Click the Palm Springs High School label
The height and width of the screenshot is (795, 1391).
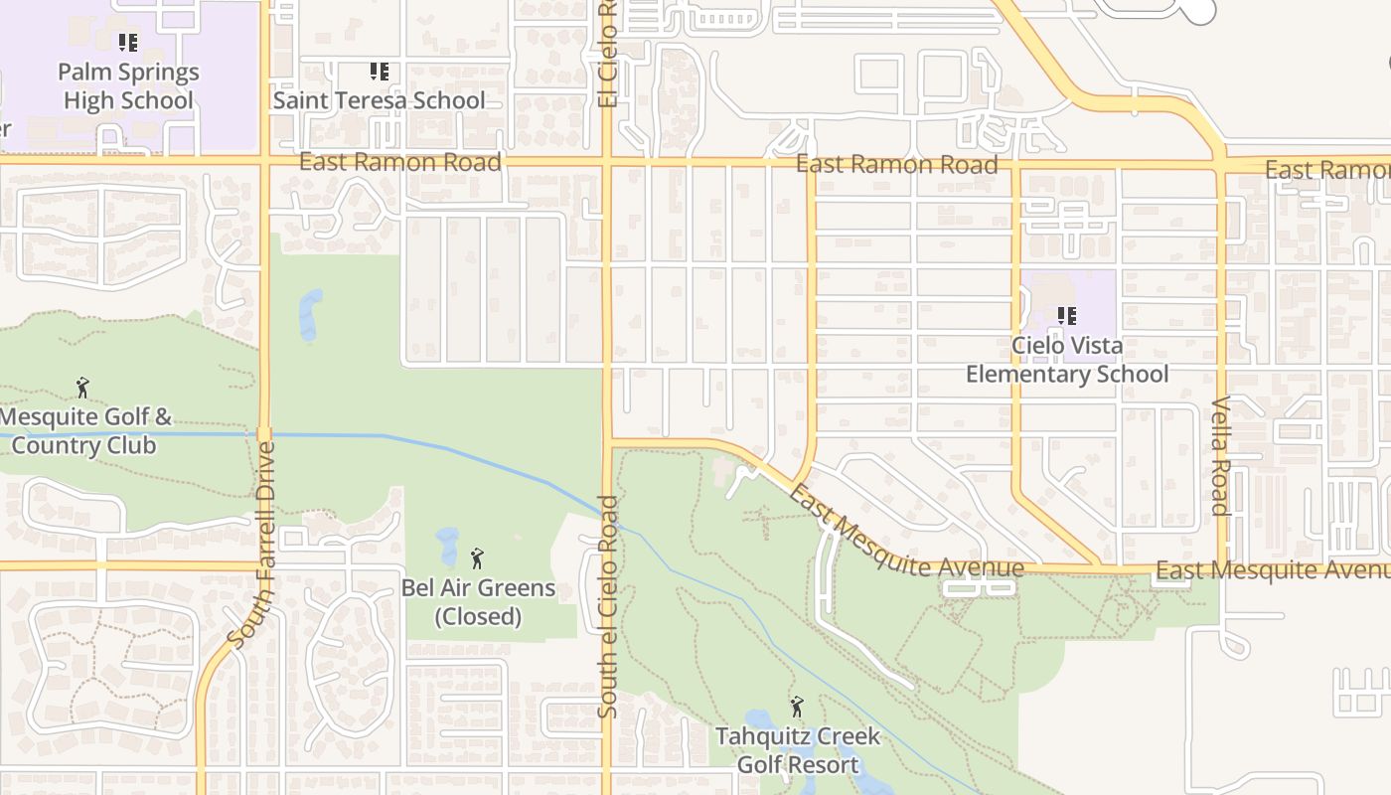128,86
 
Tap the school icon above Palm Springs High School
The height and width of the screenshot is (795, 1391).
128,43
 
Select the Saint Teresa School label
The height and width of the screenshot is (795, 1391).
380,100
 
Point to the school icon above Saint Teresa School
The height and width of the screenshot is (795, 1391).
379,72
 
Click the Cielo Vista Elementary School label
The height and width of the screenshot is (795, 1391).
1067,360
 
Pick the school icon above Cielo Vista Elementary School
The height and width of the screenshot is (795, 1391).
1067,316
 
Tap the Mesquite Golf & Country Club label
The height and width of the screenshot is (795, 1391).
83,430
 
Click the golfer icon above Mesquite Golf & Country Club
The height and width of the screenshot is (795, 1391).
82,388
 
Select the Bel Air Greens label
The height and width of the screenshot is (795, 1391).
478,587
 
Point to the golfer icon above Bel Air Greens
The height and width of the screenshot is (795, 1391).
477,558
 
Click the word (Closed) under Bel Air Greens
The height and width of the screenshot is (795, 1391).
478,616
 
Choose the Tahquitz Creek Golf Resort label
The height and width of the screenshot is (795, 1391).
798,750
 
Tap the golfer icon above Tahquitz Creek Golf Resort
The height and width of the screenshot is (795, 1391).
796,708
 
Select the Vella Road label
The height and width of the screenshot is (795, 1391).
1221,456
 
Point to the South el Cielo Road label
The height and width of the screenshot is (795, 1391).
608,606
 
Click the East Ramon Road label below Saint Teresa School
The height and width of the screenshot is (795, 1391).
399,162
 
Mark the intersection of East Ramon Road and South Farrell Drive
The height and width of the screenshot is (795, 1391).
265,159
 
